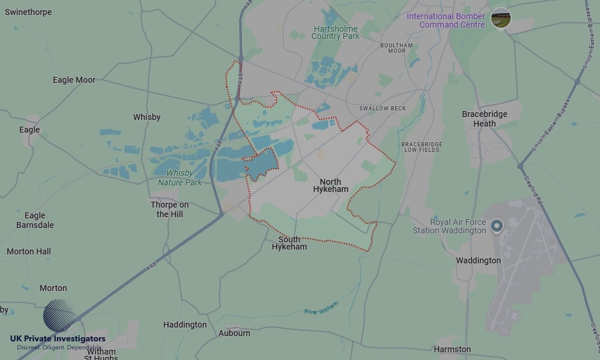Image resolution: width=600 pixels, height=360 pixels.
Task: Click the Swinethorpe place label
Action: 28,12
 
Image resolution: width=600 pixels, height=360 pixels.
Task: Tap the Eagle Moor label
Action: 74,80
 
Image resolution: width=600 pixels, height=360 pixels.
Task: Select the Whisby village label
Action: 146,117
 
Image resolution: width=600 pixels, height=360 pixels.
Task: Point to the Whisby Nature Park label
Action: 180,178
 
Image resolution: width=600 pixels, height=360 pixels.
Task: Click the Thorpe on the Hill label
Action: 170,209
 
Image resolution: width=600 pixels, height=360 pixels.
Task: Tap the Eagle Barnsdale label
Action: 35,220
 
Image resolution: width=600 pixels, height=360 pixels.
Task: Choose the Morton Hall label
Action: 29,251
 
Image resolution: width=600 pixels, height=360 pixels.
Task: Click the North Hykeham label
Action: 331,185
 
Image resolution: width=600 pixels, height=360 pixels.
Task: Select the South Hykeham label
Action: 289,243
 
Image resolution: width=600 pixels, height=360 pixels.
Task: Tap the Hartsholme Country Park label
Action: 335,32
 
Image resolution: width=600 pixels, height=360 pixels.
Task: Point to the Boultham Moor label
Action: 397,48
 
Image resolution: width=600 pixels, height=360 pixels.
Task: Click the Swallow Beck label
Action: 382,109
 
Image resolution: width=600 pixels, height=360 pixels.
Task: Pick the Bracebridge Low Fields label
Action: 421,147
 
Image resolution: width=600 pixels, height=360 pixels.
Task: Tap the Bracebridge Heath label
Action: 485,119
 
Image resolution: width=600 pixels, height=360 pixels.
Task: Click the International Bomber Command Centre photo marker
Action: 500,18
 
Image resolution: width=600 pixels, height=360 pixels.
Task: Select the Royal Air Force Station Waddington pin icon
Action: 496,226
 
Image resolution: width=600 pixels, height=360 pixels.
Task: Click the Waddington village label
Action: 478,260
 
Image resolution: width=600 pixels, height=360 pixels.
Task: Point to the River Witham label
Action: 321,308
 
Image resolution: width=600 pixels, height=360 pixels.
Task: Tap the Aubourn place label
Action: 234,333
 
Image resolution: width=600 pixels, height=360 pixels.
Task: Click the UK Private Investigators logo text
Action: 58,339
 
